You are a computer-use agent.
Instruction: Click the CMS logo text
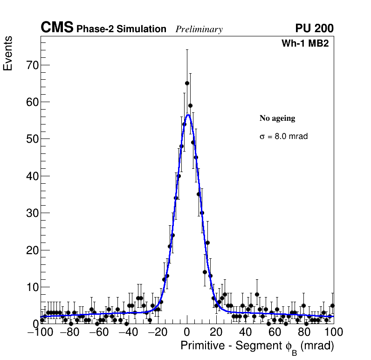(57, 28)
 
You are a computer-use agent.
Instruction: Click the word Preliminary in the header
(199, 29)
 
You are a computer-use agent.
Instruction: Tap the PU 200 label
(315, 28)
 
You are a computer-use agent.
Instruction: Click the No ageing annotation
(277, 118)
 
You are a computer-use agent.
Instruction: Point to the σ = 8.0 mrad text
(283, 137)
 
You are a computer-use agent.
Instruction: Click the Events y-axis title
(8, 54)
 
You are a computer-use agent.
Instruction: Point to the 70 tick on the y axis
(31, 65)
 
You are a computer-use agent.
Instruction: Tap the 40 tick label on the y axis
(31, 176)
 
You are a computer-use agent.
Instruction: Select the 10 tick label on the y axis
(31, 287)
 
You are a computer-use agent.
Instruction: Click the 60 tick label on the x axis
(275, 332)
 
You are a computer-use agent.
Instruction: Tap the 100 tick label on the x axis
(333, 332)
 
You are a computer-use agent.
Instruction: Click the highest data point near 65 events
(187, 83)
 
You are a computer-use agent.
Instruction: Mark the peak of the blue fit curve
(187, 114)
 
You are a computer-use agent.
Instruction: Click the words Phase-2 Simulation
(121, 29)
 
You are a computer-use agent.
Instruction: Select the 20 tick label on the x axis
(216, 332)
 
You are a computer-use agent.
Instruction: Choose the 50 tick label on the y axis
(31, 139)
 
